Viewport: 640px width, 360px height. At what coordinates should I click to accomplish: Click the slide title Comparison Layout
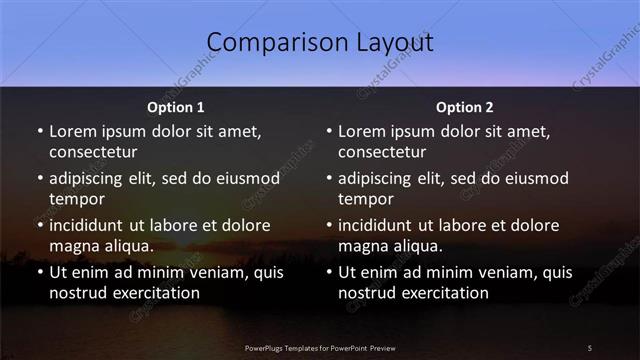pyautogui.click(x=320, y=43)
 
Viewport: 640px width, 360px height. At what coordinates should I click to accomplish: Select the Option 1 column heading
pyautogui.click(x=176, y=107)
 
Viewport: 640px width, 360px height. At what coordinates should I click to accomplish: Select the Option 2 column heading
pyautogui.click(x=465, y=107)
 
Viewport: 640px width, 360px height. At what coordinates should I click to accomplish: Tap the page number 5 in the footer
pyautogui.click(x=590, y=347)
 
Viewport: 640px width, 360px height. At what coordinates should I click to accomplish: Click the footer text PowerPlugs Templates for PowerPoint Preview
pyautogui.click(x=319, y=347)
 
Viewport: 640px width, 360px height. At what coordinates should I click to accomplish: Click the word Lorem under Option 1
pyautogui.click(x=73, y=131)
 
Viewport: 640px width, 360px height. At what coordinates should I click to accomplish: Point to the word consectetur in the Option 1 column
pyautogui.click(x=93, y=152)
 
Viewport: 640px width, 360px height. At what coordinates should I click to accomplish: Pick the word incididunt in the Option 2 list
pyautogui.click(x=381, y=225)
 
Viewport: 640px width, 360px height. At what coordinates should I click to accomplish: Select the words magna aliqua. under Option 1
pyautogui.click(x=101, y=246)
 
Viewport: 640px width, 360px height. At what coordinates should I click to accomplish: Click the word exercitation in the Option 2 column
pyautogui.click(x=442, y=293)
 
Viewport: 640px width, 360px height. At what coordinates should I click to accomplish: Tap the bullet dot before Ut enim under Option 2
pyautogui.click(x=329, y=272)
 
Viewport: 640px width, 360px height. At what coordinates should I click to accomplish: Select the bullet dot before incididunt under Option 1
pyautogui.click(x=40, y=225)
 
